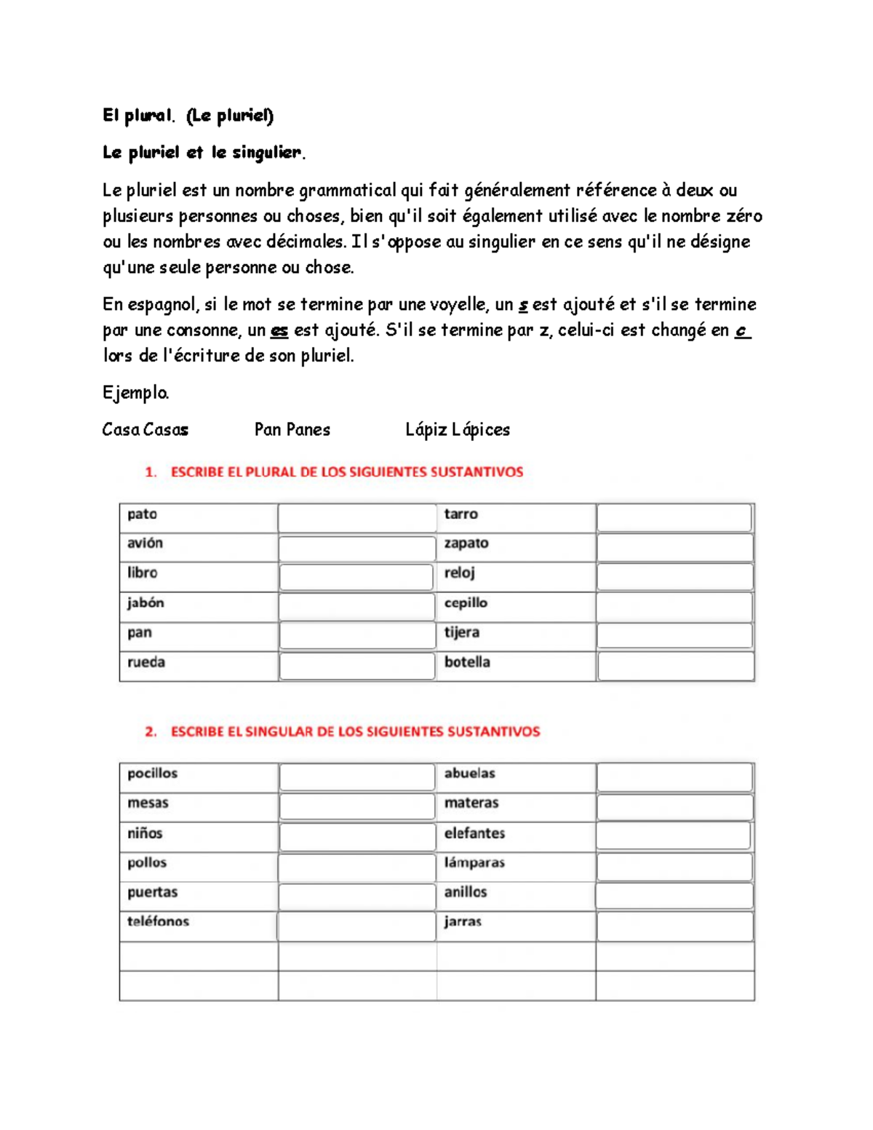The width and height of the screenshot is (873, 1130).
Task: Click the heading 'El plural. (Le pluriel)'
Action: (188, 115)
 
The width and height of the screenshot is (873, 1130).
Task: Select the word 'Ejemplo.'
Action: (136, 393)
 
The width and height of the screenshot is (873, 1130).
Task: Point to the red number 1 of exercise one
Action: (151, 472)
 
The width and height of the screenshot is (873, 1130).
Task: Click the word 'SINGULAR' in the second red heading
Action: (279, 731)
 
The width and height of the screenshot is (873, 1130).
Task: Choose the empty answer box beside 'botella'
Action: (674, 666)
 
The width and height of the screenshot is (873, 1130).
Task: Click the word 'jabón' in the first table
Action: (145, 603)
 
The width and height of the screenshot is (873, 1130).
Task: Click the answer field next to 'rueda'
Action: (356, 666)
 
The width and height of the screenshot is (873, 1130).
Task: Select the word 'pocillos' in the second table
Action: (152, 773)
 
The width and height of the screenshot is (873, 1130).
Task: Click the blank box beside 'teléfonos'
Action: (356, 926)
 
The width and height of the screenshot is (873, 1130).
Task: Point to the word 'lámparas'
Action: (474, 863)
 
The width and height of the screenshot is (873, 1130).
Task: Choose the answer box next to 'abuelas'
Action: (674, 778)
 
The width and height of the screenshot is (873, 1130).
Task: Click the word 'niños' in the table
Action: (145, 833)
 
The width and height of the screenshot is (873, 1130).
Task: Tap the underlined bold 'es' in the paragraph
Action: (279, 330)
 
